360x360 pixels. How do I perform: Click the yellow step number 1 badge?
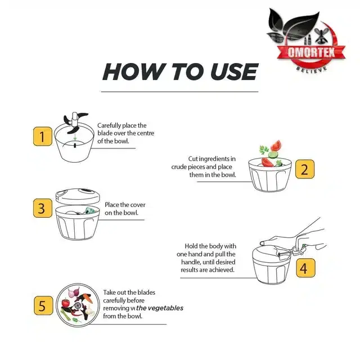[43, 136]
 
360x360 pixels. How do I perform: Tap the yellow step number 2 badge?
[305, 169]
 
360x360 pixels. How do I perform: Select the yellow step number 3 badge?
[43, 208]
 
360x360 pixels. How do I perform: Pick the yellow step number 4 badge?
[305, 268]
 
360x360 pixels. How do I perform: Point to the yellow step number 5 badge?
[43, 305]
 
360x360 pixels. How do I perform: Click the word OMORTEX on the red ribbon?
[311, 52]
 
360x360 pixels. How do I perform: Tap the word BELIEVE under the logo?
[311, 69]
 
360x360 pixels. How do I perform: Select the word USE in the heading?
[234, 71]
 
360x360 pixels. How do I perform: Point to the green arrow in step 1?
[75, 137]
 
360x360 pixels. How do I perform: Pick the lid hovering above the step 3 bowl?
[78, 196]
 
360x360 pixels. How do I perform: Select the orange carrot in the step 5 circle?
[87, 298]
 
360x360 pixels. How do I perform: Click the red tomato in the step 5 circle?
[65, 303]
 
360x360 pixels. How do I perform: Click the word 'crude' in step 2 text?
[179, 167]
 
